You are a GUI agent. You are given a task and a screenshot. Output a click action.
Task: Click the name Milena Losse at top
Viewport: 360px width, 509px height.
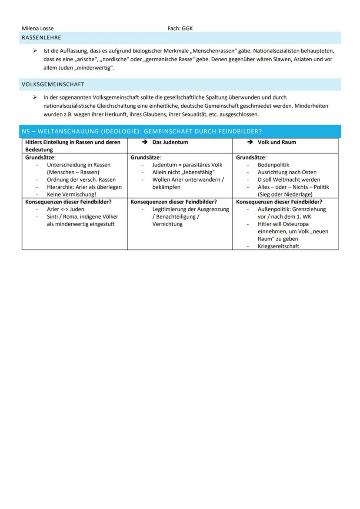[38, 29]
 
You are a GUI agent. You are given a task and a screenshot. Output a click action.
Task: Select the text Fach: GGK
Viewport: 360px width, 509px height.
[180, 29]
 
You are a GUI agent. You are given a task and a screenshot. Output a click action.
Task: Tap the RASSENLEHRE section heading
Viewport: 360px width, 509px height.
[41, 38]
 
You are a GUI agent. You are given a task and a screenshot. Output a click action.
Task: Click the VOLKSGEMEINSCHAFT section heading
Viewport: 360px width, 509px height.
[53, 84]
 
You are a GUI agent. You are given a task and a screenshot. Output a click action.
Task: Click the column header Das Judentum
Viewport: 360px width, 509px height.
[170, 142]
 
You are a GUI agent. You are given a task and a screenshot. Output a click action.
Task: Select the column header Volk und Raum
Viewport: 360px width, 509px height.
[277, 142]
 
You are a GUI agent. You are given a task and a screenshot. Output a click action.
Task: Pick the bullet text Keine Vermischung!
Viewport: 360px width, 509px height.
[71, 194]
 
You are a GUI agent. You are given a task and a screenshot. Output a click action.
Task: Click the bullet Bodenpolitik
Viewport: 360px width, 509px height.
[273, 165]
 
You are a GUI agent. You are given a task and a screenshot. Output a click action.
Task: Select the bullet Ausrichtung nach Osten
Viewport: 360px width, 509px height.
[287, 172]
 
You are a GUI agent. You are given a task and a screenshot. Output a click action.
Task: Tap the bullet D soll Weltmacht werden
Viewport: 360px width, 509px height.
[289, 180]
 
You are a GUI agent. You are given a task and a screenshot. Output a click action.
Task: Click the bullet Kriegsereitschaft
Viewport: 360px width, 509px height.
[278, 246]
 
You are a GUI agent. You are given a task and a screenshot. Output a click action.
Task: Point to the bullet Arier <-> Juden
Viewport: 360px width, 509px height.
[66, 209]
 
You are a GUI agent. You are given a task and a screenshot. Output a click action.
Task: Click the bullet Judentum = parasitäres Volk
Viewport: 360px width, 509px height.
[187, 165]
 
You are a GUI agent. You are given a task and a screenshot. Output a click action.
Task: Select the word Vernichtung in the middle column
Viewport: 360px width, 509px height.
[167, 224]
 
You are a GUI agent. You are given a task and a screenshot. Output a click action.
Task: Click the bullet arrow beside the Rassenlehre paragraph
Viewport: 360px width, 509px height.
[35, 51]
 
